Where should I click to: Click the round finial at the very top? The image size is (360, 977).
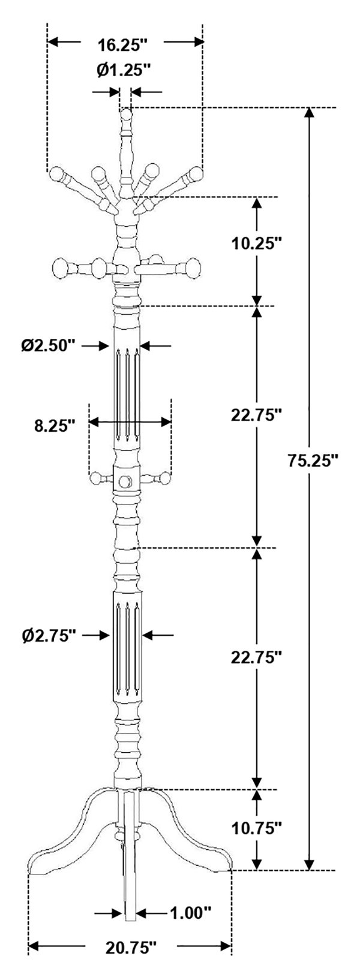click(126, 115)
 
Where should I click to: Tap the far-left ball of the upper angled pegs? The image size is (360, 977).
click(56, 175)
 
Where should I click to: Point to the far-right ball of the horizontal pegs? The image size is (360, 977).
click(193, 267)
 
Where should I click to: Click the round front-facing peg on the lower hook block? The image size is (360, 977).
click(125, 481)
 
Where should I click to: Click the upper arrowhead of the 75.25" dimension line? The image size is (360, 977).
click(310, 113)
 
